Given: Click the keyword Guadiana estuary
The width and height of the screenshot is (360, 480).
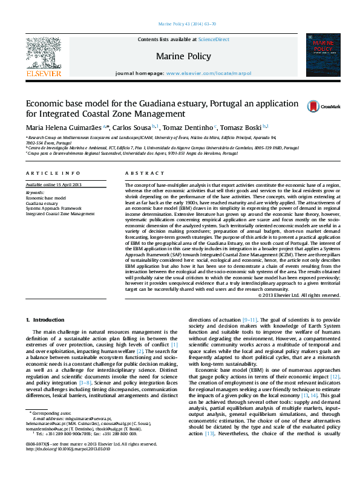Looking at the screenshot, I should coord(42,204).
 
